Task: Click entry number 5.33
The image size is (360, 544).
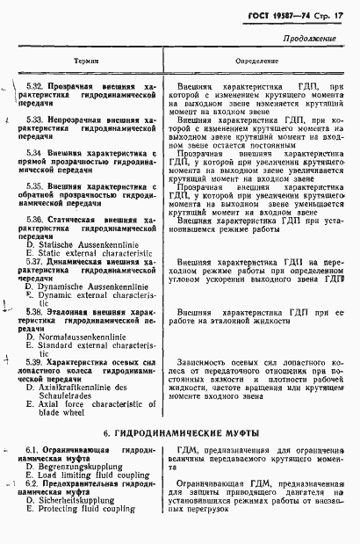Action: pos(35,119)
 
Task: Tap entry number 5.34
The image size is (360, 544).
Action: pos(35,151)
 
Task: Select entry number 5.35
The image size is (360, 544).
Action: pos(35,185)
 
